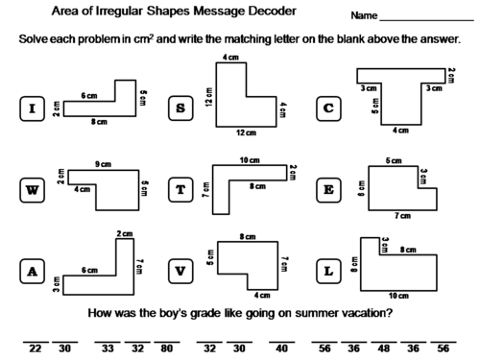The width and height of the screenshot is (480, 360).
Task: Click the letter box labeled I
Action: coord(33,108)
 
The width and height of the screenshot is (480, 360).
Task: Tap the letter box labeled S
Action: coord(180,108)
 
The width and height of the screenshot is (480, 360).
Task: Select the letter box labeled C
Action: coord(329,108)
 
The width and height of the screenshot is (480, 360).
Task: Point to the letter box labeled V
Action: coord(180,272)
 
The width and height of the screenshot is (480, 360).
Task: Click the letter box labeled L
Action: coord(329,272)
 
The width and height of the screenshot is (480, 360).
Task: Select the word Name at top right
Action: coord(364,16)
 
